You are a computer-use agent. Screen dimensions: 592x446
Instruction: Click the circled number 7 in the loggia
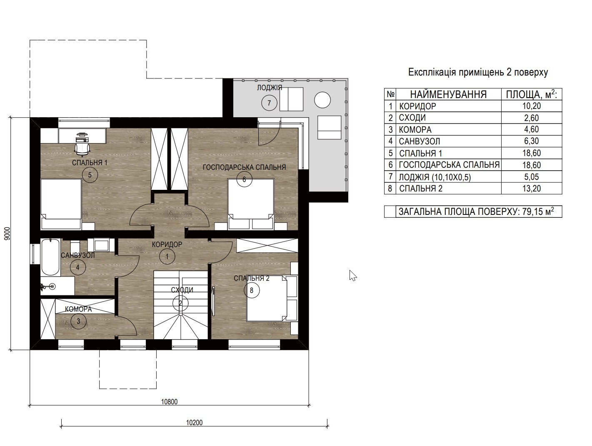click(x=269, y=103)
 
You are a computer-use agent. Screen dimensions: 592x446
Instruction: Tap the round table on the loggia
click(x=322, y=100)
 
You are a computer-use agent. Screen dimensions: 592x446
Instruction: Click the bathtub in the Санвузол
click(x=50, y=257)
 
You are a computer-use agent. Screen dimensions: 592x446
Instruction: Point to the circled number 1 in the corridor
click(x=167, y=257)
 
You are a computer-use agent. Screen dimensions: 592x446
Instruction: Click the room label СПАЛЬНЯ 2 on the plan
click(x=251, y=278)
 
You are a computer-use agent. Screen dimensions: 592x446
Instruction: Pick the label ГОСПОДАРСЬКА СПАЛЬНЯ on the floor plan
click(x=244, y=167)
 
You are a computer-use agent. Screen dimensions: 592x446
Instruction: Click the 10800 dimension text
click(x=170, y=402)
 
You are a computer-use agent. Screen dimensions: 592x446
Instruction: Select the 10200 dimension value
click(x=194, y=423)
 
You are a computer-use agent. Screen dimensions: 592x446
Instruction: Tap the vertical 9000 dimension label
click(x=7, y=234)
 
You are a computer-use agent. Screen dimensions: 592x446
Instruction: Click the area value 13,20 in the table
click(x=532, y=189)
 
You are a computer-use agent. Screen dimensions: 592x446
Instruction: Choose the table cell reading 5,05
click(x=532, y=177)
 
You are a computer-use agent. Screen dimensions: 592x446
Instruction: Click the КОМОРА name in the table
click(x=415, y=130)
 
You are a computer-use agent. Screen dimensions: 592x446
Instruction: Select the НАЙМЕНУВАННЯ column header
click(x=448, y=94)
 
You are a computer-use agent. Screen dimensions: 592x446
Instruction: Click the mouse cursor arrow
click(x=353, y=276)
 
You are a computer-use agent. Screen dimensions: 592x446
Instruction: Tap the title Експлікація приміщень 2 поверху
click(x=478, y=72)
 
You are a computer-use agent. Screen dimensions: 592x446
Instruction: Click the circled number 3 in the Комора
click(x=78, y=321)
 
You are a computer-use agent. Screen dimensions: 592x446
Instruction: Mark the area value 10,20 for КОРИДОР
click(x=532, y=106)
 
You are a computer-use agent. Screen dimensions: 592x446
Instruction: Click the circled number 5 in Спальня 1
click(x=90, y=175)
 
